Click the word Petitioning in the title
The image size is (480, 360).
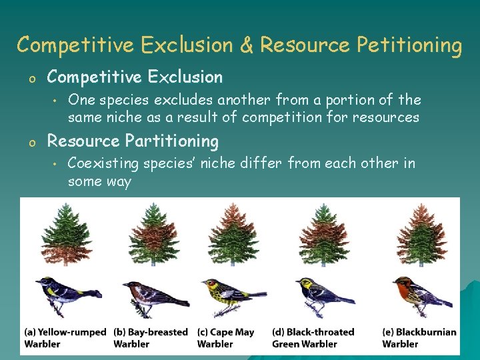[x=409, y=45]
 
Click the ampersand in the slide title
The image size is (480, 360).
[x=246, y=45]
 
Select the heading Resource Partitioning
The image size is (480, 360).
[x=133, y=141]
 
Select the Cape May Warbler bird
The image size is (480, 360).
[x=230, y=294]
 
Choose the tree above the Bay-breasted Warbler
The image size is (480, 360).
[x=151, y=233]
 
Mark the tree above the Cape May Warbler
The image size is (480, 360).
[x=232, y=233]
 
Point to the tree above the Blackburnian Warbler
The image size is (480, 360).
[x=421, y=233]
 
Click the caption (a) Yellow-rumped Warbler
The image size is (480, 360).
[x=65, y=338]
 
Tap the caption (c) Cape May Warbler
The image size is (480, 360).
[x=225, y=338]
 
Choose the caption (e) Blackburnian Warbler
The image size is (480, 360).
[x=419, y=338]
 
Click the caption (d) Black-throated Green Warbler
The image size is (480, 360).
[x=313, y=338]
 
